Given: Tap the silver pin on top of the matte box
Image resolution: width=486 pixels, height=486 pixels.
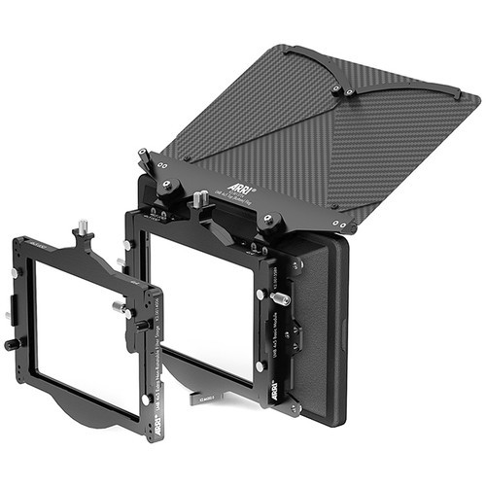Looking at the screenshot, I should [200, 198].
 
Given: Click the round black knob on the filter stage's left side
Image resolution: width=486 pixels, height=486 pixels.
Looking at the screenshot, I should [13, 344].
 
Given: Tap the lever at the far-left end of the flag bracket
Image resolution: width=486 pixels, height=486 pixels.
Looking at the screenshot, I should [143, 156].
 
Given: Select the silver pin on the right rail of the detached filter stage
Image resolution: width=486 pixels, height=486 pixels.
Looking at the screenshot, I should [123, 308].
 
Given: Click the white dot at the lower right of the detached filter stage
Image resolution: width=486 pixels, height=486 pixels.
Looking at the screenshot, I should [145, 399].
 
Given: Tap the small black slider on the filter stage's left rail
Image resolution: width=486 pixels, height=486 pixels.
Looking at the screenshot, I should [9, 315].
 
